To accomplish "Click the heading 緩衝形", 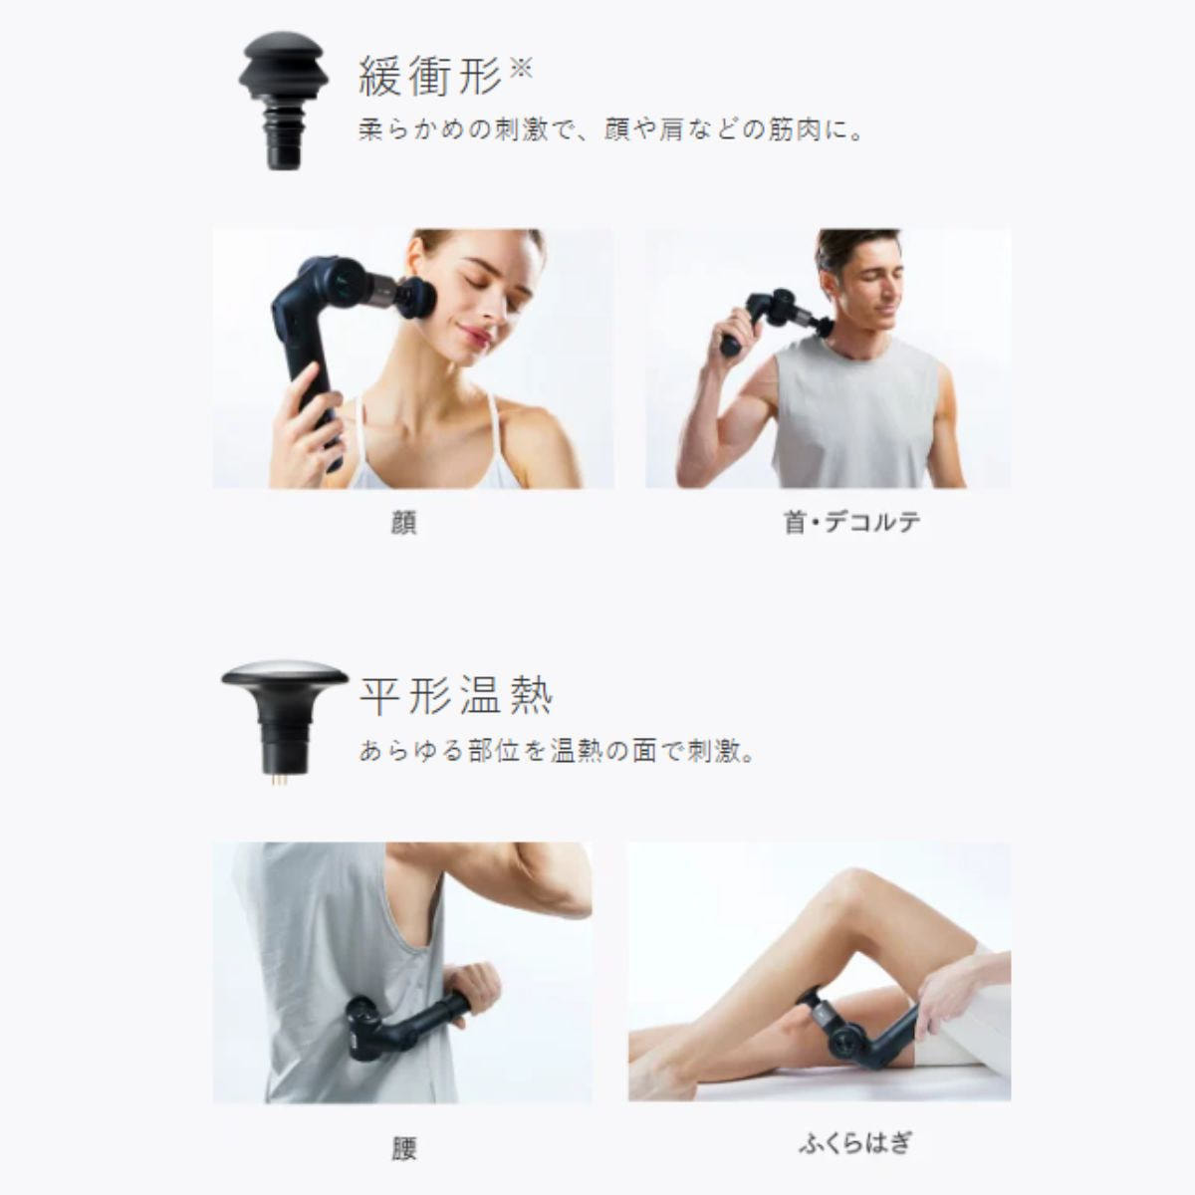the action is coord(430,77).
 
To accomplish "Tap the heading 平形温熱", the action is coord(456,696).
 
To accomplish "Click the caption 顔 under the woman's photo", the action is coord(403,523).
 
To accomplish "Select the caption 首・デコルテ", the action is coord(851,522).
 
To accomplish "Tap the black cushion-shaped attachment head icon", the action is coord(284,101).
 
